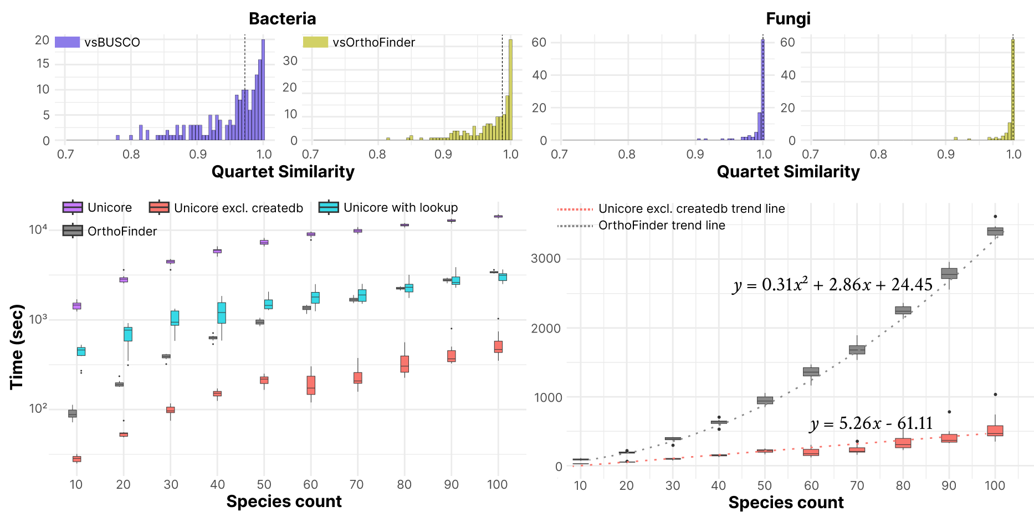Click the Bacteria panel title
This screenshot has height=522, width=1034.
pyautogui.click(x=282, y=19)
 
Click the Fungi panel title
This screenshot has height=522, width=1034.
pyautogui.click(x=788, y=19)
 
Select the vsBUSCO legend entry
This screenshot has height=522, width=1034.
pyautogui.click(x=98, y=42)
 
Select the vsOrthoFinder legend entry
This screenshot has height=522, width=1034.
pyautogui.click(x=359, y=42)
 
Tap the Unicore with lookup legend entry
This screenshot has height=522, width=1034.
pyautogui.click(x=388, y=208)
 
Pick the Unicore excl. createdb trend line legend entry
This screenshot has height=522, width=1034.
pyautogui.click(x=670, y=209)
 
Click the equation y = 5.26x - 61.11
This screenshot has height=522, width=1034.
pyautogui.click(x=871, y=424)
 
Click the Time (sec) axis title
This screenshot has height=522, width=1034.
pyautogui.click(x=17, y=346)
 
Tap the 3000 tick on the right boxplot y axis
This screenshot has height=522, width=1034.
pyautogui.click(x=545, y=259)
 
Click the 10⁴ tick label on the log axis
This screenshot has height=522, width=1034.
pyautogui.click(x=38, y=229)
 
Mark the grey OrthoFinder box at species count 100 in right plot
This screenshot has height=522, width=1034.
pyautogui.click(x=995, y=231)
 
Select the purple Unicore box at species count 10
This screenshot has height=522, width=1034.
pyautogui.click(x=76, y=306)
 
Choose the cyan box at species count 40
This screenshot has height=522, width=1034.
pyautogui.click(x=222, y=313)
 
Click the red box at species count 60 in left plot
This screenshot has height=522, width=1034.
pyautogui.click(x=311, y=385)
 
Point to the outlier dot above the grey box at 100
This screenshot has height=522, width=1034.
pyautogui.click(x=995, y=217)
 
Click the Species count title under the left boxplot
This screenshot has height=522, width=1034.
pyautogui.click(x=284, y=501)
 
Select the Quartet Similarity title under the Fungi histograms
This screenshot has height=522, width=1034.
pyautogui.click(x=788, y=172)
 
